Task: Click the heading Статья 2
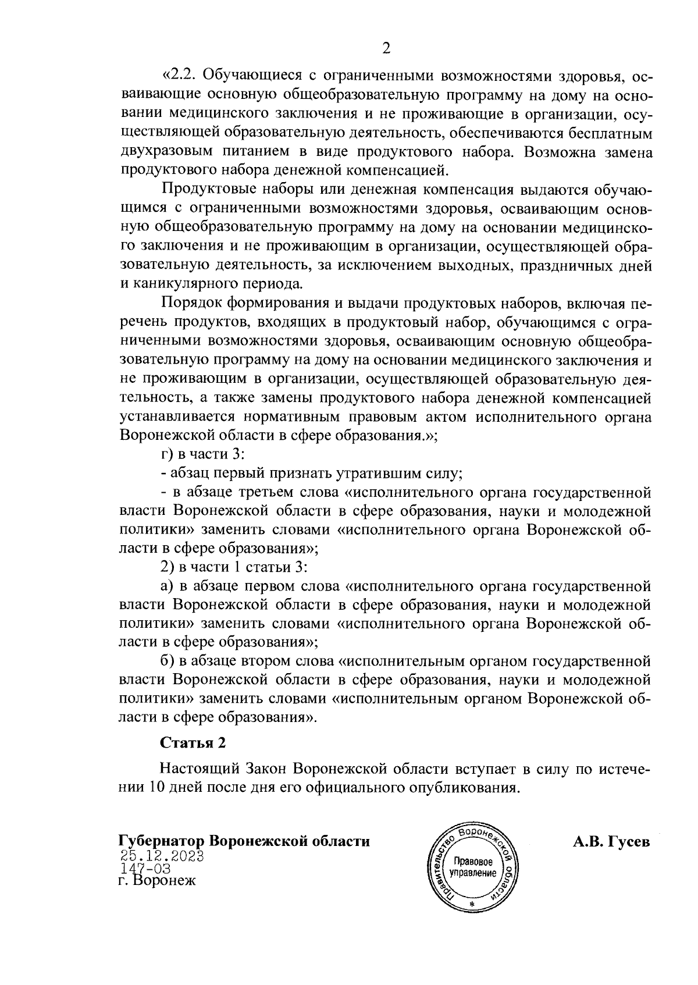click(x=192, y=743)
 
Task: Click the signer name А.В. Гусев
click(x=611, y=841)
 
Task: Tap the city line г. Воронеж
click(x=156, y=880)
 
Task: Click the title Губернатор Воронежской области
click(x=244, y=841)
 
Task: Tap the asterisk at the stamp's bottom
click(x=472, y=905)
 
